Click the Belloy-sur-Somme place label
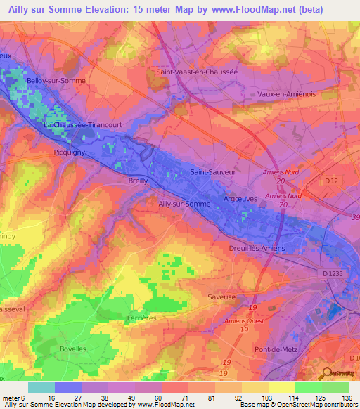(56, 81)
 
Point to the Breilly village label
(139, 181)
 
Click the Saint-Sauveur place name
(212, 171)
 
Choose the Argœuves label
(239, 199)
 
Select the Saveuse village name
(221, 297)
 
